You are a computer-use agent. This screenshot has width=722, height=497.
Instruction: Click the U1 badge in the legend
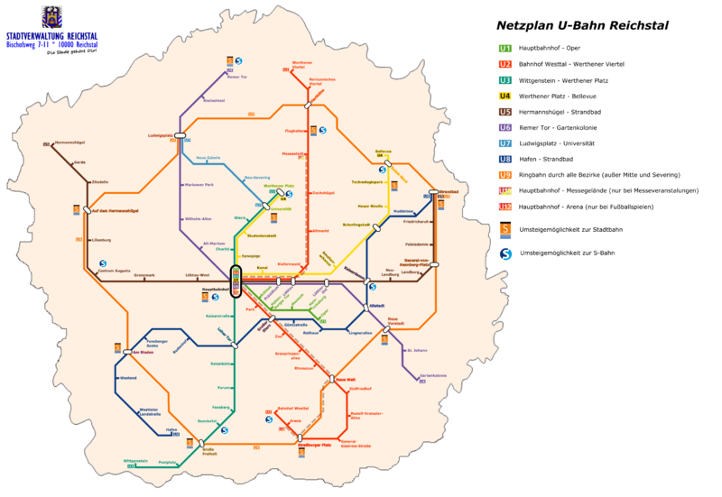click(504, 48)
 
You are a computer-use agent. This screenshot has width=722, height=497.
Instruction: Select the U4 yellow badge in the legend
click(504, 96)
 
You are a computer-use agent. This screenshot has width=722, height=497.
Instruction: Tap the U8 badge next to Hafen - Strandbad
click(504, 159)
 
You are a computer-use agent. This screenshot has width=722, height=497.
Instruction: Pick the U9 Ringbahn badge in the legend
click(504, 174)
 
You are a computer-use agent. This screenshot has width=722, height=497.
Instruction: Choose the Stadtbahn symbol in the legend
click(504, 230)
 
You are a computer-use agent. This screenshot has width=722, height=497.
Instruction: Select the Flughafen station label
click(295, 131)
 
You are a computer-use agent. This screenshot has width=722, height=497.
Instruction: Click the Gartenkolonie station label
click(433, 376)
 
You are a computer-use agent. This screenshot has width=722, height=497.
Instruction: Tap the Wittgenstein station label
click(135, 461)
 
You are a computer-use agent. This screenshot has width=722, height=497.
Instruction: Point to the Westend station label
click(128, 377)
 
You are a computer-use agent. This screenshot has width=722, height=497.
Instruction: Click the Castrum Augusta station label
click(115, 271)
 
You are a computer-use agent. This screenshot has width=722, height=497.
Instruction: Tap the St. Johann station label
click(416, 349)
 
